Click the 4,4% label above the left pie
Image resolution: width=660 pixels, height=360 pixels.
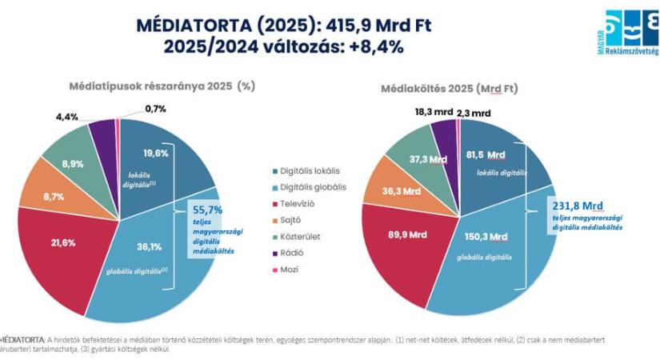click(67, 117)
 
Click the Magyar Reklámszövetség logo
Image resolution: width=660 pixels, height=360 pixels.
click(632, 33)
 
